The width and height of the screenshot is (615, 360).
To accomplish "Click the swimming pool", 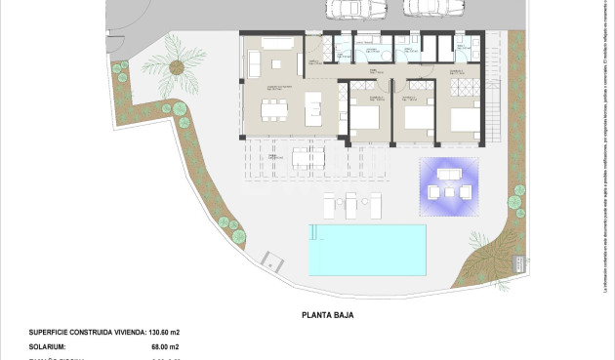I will pos(367,249).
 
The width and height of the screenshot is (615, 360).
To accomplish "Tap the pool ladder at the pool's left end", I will pos(312,231).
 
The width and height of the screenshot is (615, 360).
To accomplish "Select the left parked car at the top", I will pos(347,8).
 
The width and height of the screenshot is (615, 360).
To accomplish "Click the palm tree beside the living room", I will pos(177,66).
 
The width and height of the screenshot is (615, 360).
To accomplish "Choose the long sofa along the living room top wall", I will pos(275,43).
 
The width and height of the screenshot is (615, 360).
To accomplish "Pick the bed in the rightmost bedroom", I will pos(464,120).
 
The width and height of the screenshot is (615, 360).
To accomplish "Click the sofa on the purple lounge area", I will pos(449,174).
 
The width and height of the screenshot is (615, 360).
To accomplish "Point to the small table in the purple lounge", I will pos(449,190).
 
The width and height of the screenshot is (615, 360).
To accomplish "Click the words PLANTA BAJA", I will pos(327,315).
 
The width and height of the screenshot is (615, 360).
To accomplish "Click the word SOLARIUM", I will pos(48,346).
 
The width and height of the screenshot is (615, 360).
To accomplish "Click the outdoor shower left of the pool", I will pos(272,260).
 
